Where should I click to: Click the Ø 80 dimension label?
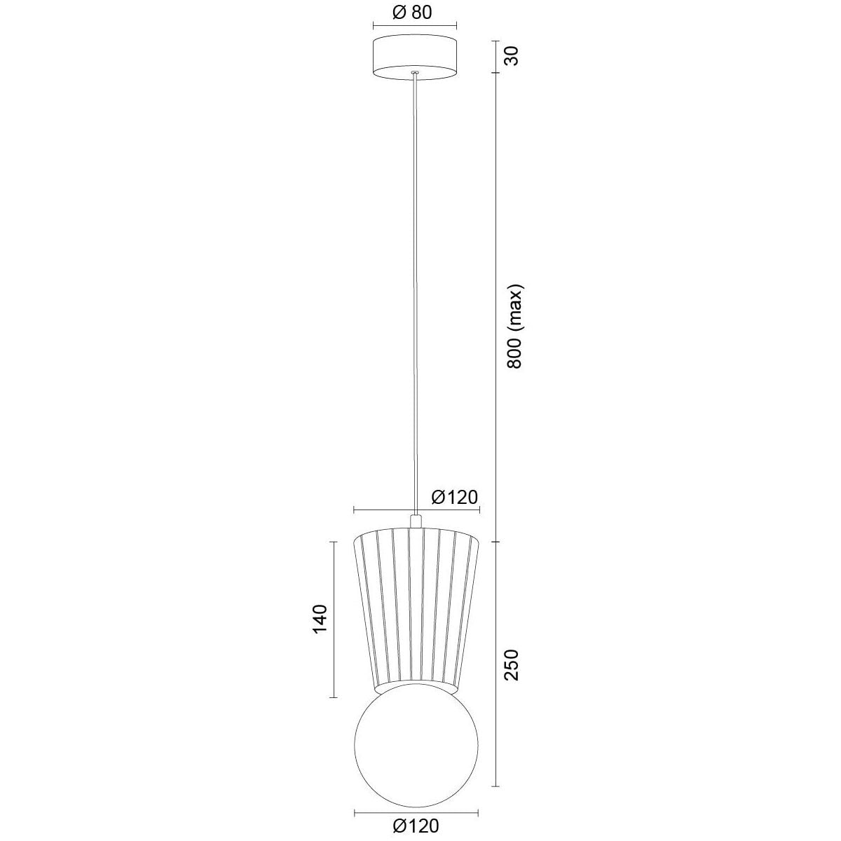[411, 13]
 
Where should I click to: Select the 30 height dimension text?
[514, 55]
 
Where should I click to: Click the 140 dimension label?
[320, 620]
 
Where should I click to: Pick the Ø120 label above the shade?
[455, 497]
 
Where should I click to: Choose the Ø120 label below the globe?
[416, 826]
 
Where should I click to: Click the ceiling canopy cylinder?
[415, 60]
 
